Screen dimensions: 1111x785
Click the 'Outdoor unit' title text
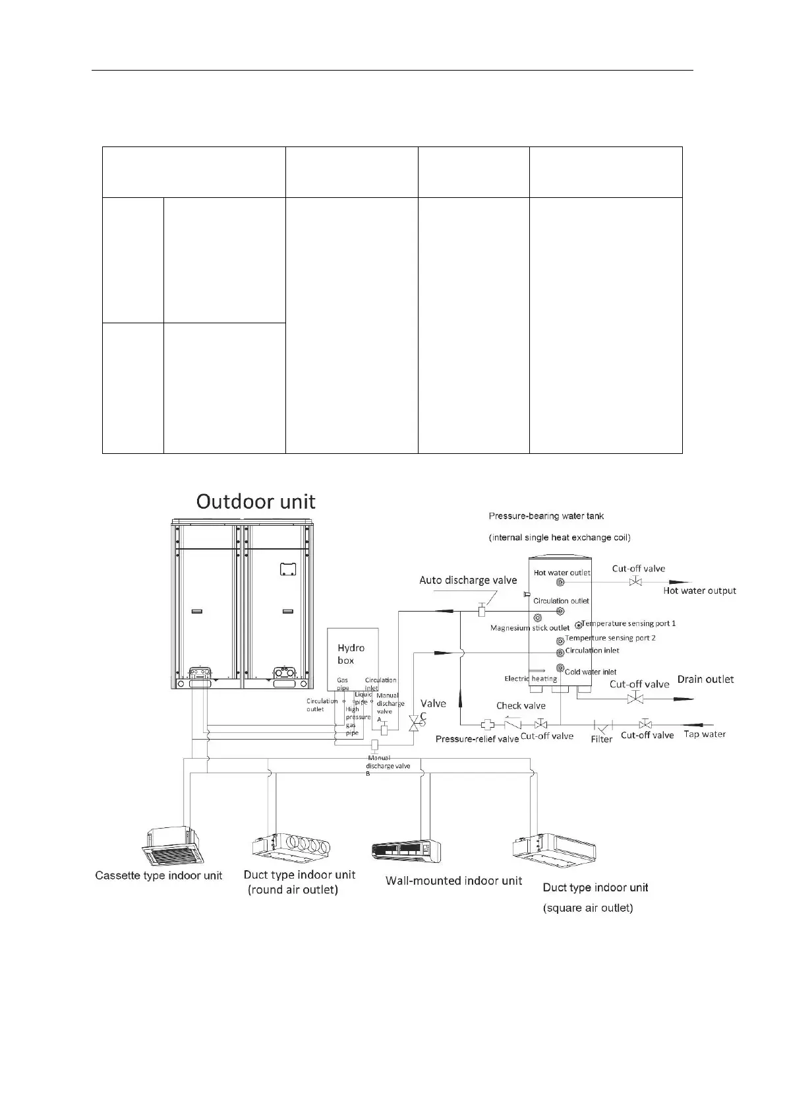(256, 502)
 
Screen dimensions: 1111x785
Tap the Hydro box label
(351, 654)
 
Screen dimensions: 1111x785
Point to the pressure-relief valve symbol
(488, 724)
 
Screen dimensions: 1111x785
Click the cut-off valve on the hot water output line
(635, 582)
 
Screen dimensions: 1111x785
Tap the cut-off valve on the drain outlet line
(635, 698)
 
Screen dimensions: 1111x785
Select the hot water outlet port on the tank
(560, 583)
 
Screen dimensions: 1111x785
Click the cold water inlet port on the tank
(560, 668)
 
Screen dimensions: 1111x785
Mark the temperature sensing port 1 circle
(578, 625)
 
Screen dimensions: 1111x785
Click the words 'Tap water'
(705, 734)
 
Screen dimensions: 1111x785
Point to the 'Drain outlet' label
(705, 680)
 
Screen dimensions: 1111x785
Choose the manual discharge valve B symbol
(374, 746)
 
